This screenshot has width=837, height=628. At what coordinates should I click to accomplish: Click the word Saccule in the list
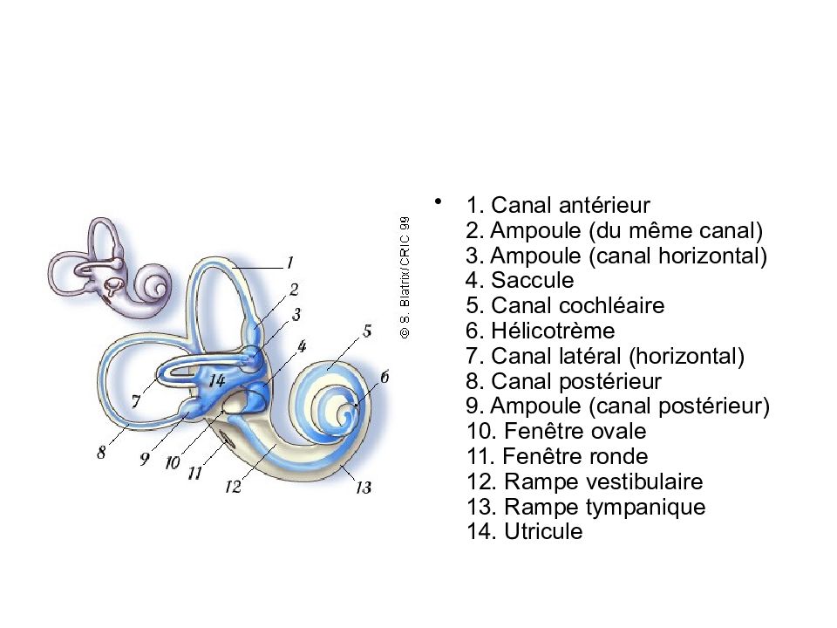click(x=532, y=280)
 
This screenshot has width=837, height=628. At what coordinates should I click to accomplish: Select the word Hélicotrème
click(x=553, y=331)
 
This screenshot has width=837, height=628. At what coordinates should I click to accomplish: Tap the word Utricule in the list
click(x=543, y=531)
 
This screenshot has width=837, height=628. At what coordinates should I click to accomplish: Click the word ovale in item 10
click(x=620, y=431)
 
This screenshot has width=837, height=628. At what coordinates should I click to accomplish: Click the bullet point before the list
click(x=439, y=201)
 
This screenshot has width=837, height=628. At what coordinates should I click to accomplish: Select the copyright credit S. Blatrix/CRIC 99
click(x=405, y=277)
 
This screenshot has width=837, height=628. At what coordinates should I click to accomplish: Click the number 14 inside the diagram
click(x=217, y=380)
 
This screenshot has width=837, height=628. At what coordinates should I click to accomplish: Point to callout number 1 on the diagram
click(x=289, y=263)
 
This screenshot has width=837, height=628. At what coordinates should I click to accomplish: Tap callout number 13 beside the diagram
click(x=364, y=488)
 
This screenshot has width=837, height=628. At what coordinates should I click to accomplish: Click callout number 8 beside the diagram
click(x=101, y=453)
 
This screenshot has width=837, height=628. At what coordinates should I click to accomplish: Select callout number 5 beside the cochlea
click(x=367, y=331)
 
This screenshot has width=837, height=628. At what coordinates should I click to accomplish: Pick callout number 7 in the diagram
click(x=136, y=401)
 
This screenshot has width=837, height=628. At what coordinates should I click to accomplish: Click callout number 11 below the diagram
click(x=194, y=473)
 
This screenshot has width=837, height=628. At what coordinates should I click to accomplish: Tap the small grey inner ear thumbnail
click(x=110, y=268)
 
